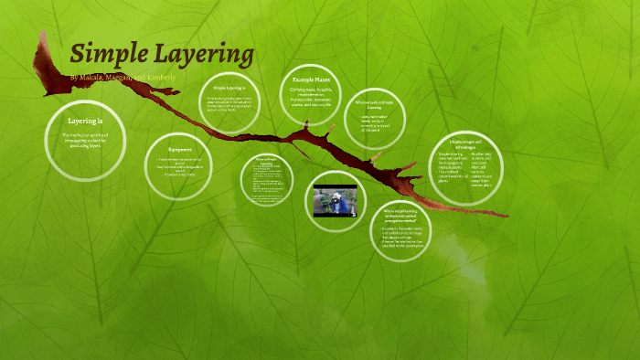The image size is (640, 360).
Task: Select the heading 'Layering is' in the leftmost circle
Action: [x=85, y=121]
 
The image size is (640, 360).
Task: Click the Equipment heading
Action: [x=179, y=148]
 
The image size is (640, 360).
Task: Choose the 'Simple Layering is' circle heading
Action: [x=229, y=88]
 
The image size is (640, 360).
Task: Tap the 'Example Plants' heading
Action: [x=310, y=80]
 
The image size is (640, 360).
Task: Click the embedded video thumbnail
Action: [x=335, y=201]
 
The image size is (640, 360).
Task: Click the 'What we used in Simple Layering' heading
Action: [x=374, y=103]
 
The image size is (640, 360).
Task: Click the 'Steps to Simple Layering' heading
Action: [x=267, y=161]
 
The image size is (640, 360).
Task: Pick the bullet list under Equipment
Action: [x=179, y=167]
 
